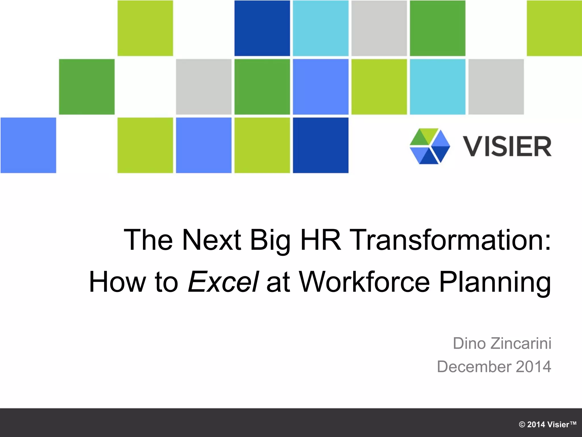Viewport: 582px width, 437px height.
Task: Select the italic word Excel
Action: pos(223,282)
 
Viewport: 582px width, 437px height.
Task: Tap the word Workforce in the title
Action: pos(364,282)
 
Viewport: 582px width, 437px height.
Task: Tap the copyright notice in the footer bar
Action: pos(547,424)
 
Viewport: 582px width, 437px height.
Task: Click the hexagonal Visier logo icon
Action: pos(430,146)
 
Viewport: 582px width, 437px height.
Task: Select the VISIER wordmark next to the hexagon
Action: pos(507,147)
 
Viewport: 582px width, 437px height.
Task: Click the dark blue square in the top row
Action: pos(262,28)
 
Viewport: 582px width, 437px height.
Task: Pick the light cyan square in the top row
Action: pos(321,28)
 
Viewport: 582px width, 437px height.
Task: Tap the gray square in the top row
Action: pos(379,28)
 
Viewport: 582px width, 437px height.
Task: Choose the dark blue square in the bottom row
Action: pos(321,145)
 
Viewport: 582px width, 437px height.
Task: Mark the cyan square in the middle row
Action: pos(437,87)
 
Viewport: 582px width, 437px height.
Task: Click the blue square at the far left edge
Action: pos(28,145)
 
